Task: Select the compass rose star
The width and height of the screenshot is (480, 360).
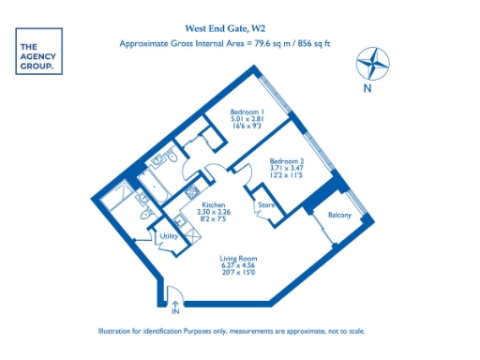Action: (x=372, y=64)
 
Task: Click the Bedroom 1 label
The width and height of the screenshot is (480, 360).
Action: (x=248, y=112)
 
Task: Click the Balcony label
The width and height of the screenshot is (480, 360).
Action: (x=339, y=217)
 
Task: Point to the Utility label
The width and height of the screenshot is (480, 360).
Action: (x=170, y=236)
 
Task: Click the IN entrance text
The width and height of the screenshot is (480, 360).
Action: (x=174, y=310)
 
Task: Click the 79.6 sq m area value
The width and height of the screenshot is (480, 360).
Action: (x=272, y=43)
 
